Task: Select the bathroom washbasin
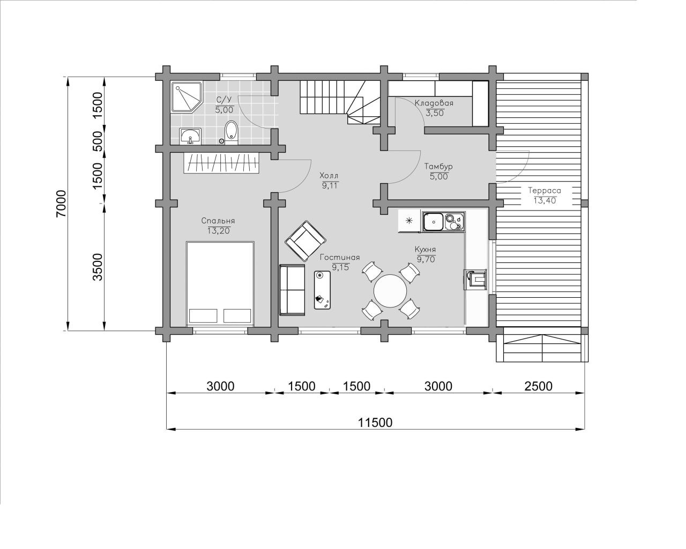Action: tap(190, 136)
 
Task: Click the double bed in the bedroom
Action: tap(220, 283)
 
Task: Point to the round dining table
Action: tap(390, 291)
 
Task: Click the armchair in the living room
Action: tap(305, 241)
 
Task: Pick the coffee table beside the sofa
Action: tap(322, 290)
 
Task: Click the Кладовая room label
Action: tap(434, 103)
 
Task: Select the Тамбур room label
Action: tap(438, 167)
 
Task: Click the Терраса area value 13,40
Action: tap(545, 200)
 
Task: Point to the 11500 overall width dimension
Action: tap(375, 423)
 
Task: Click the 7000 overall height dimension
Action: tap(61, 204)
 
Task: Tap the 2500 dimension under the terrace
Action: tap(539, 386)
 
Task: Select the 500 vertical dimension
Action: tap(98, 141)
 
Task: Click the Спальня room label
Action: tap(218, 221)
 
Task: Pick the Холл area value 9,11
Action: tap(330, 185)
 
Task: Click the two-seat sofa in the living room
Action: tap(292, 290)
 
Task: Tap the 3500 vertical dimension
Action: tap(98, 267)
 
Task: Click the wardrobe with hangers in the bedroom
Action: tap(222, 163)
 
